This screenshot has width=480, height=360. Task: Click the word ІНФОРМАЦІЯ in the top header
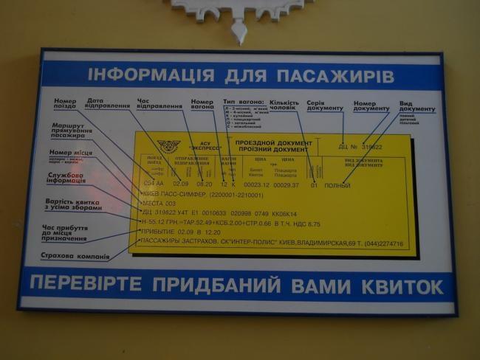coord(140,75)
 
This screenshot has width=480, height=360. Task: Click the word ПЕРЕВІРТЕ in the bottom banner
coord(92,285)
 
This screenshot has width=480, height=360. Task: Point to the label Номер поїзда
coord(65,104)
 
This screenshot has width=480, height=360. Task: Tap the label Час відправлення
coord(160,104)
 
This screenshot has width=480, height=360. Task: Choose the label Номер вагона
coord(202,104)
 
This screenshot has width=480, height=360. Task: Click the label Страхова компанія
coord(75,257)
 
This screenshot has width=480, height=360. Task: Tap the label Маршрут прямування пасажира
coord(71,131)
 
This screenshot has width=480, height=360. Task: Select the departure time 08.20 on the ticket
coord(204,184)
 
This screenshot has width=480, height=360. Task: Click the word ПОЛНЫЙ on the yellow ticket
coord(337,184)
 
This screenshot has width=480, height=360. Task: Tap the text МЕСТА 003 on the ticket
coord(159,203)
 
